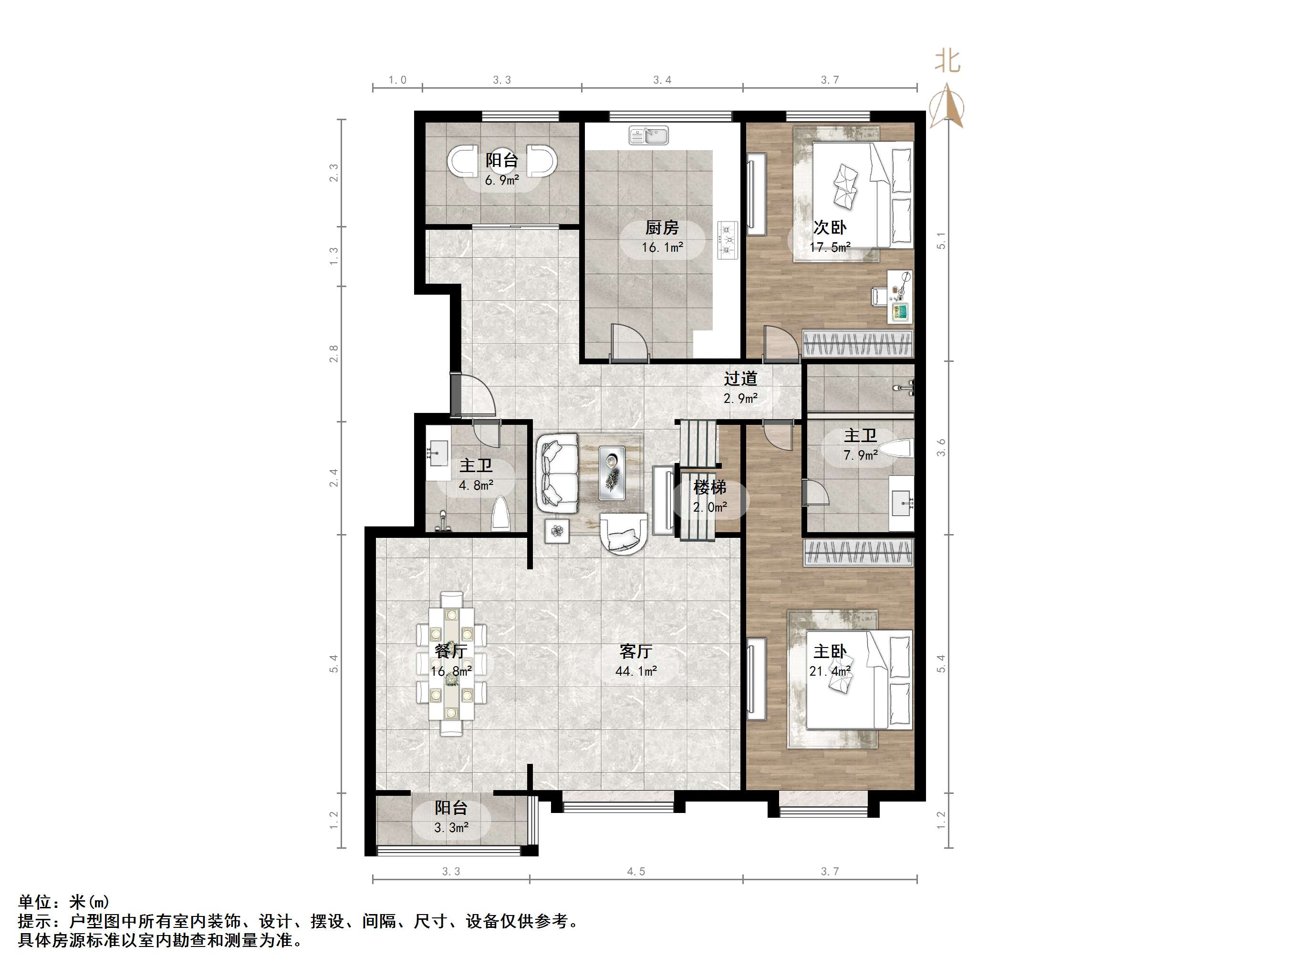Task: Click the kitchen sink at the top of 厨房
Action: [x=648, y=136]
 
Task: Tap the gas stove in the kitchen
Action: [x=727, y=239]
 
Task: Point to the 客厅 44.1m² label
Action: [x=635, y=660]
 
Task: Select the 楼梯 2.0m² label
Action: [x=710, y=496]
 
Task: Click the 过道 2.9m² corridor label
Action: [x=740, y=388]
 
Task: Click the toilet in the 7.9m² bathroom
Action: [x=896, y=448]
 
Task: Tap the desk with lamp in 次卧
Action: [x=900, y=297]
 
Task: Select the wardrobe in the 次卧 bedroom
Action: [x=857, y=343]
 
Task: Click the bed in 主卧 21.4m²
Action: [x=857, y=679]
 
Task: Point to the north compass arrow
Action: [x=947, y=105]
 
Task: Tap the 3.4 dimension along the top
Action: [x=662, y=80]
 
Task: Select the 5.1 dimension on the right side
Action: [x=941, y=241]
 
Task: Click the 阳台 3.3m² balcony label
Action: [x=451, y=817]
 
